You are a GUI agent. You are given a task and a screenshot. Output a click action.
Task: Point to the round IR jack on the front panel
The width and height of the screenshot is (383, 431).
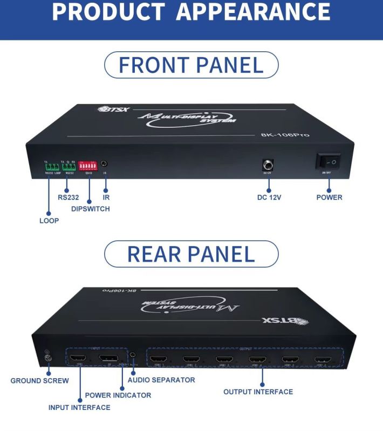point(105,163)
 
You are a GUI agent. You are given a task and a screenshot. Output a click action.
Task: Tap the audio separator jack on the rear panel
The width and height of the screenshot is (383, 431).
point(133,356)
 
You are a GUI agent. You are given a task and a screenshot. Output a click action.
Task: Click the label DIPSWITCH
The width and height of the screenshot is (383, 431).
point(91,209)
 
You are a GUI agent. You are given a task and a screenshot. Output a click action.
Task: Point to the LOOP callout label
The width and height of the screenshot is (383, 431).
point(49,221)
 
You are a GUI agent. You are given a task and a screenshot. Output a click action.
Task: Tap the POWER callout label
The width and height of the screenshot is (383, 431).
point(329,197)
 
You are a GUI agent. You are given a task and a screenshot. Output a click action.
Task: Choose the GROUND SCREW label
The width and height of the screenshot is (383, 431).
point(40,381)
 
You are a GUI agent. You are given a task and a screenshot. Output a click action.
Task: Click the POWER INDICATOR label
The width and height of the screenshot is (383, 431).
point(118,395)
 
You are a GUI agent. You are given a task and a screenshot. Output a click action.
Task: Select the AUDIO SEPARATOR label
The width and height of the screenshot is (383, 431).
point(161,380)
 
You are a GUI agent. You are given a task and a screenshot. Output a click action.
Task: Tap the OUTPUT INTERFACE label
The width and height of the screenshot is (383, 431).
point(258,392)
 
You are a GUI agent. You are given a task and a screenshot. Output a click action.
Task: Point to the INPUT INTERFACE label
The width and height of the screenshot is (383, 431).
point(79,408)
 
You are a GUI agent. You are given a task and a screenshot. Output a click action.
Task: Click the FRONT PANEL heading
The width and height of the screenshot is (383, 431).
point(191,65)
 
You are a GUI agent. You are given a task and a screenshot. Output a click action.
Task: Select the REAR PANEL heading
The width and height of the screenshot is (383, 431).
point(191,254)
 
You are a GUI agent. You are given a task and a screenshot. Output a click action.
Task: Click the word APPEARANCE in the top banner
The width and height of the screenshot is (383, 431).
point(253,12)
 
